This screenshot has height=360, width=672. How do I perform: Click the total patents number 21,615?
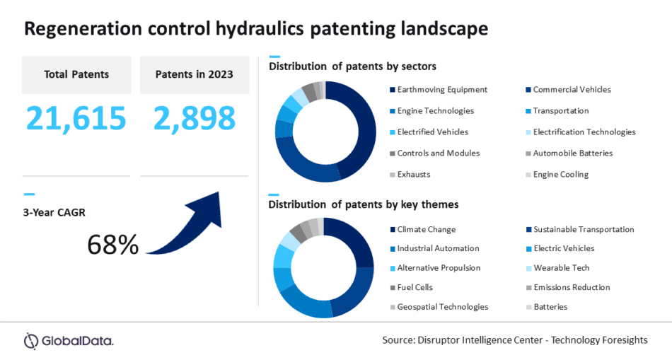[x=76, y=118]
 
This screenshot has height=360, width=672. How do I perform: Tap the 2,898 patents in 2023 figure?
[x=195, y=118]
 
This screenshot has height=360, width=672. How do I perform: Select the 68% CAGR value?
[x=112, y=244]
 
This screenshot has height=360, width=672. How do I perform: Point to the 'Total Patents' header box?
[x=76, y=74]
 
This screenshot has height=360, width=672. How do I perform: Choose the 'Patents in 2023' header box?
[x=194, y=74]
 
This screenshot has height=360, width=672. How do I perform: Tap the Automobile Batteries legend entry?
[x=572, y=153]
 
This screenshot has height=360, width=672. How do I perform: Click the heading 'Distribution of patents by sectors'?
[x=352, y=66]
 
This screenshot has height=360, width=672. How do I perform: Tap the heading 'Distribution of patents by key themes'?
[x=364, y=204]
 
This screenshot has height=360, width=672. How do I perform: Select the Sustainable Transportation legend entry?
[x=584, y=229]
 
